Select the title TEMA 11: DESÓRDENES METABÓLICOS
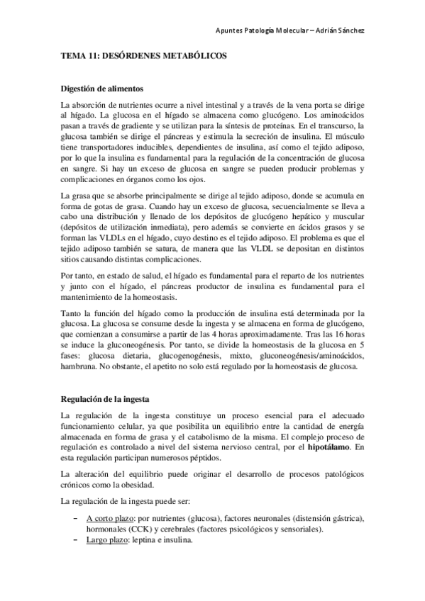pyautogui.click(x=143, y=61)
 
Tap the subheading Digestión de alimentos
pyautogui.click(x=101, y=89)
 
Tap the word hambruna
pyautogui.click(x=82, y=368)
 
